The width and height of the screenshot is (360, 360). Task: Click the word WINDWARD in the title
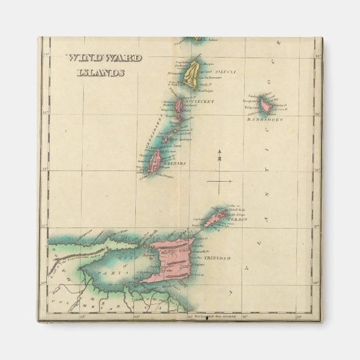(x=103, y=58)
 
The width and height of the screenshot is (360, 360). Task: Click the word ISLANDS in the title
(x=101, y=72)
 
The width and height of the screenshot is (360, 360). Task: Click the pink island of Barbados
(x=266, y=105)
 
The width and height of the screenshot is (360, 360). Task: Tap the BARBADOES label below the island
(x=266, y=120)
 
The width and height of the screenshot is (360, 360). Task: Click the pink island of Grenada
(x=155, y=162)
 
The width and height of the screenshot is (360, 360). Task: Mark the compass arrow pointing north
(x=220, y=153)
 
